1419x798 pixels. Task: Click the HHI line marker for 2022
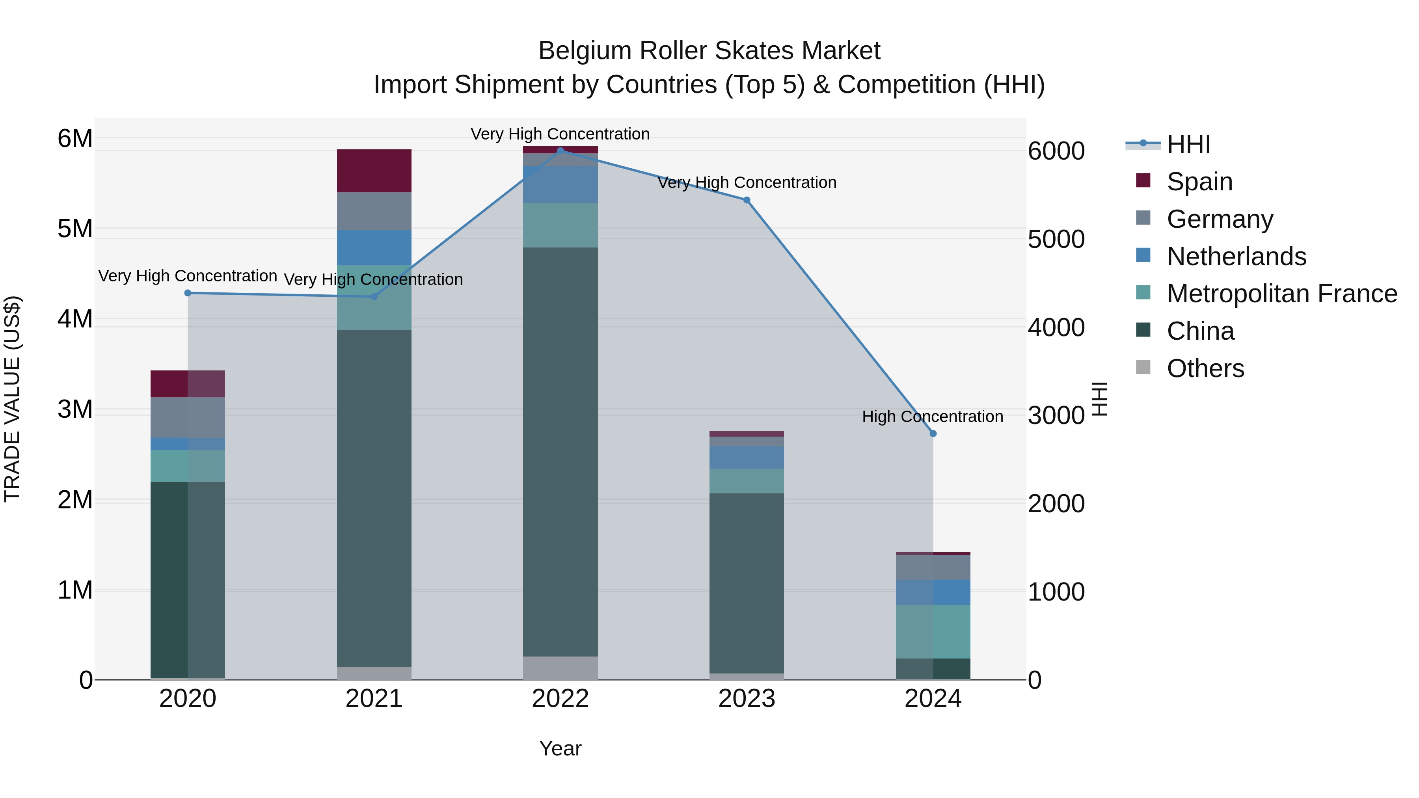pos(560,151)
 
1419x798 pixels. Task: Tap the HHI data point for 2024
pos(933,434)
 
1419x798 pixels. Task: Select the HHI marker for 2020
pos(188,293)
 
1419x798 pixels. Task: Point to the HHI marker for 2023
pos(747,200)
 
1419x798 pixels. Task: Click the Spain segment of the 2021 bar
pos(374,171)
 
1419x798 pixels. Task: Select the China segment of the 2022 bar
pos(560,452)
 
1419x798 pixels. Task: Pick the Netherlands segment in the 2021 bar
pos(374,248)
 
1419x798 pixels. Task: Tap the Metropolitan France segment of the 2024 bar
pos(933,632)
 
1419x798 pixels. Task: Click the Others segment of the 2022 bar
pos(560,668)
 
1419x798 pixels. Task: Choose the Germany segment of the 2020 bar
pos(188,417)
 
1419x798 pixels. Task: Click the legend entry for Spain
pos(1199,182)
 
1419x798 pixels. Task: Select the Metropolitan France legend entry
pos(1281,294)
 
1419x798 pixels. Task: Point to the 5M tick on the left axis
pos(75,229)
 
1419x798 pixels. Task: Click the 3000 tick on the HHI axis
pos(1056,416)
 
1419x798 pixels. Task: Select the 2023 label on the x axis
pos(747,699)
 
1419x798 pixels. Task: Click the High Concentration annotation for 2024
pos(932,417)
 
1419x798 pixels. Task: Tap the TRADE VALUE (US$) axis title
pos(13,399)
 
